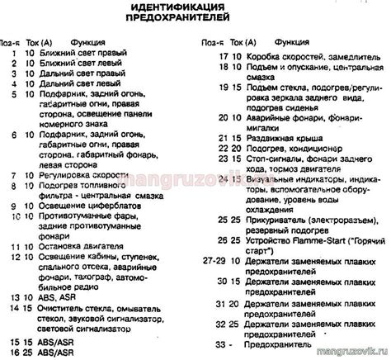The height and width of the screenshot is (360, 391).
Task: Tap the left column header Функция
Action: click(x=87, y=40)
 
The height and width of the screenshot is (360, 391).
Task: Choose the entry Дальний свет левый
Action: click(x=73, y=84)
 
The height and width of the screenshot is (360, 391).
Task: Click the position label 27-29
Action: click(x=214, y=260)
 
